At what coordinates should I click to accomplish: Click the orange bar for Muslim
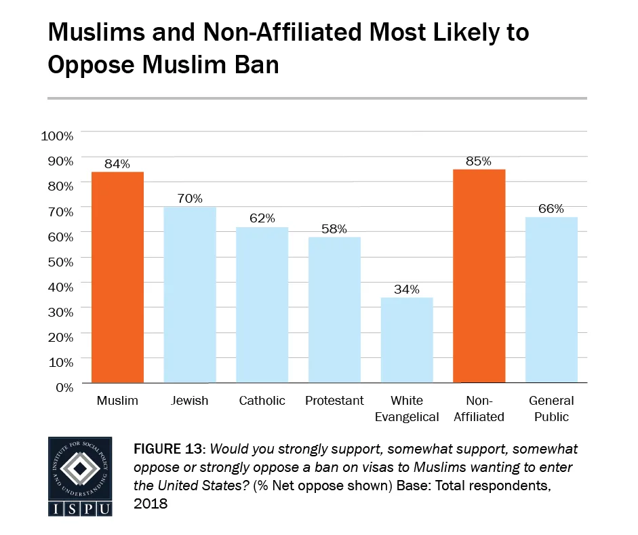tap(117, 277)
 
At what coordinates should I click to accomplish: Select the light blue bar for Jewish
tap(190, 295)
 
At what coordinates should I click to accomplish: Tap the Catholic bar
tap(262, 305)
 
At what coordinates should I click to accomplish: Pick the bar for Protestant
tap(334, 310)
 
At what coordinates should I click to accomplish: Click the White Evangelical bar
tap(407, 340)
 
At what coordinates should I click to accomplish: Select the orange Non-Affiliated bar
tap(479, 276)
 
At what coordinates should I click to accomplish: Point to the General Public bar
tap(551, 300)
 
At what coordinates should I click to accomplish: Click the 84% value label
tap(117, 163)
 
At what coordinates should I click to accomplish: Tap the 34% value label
tap(407, 289)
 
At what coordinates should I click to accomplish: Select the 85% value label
tap(479, 161)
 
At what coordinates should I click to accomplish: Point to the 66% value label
tap(551, 209)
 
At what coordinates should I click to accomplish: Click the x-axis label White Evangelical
tap(407, 409)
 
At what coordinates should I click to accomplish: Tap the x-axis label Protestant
tap(334, 401)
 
